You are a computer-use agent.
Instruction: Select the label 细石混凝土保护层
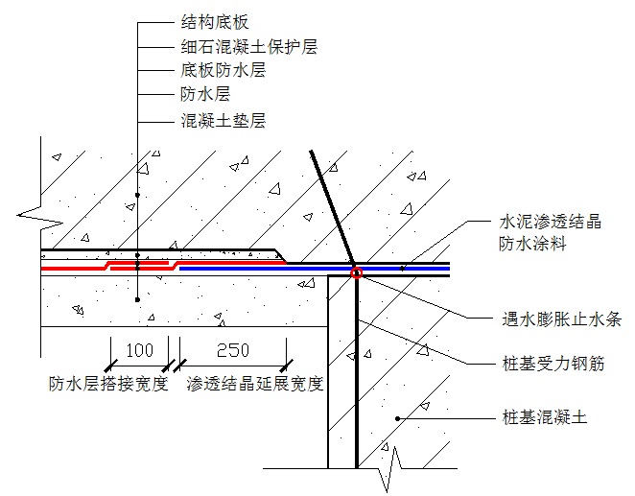(x=248, y=46)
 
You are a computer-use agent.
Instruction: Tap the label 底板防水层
(x=223, y=70)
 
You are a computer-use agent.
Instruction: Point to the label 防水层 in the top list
(x=205, y=94)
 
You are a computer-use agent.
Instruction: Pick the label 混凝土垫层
(x=223, y=121)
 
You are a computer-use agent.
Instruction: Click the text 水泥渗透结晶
(x=551, y=223)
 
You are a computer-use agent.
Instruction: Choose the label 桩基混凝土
(x=544, y=417)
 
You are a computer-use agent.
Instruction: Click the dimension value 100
(x=140, y=349)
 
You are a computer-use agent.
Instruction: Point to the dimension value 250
(x=232, y=349)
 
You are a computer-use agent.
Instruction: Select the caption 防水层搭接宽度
(x=108, y=385)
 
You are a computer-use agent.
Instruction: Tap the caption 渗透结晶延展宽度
(x=255, y=385)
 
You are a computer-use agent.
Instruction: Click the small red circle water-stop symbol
(x=356, y=272)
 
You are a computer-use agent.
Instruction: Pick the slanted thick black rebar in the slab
(x=332, y=207)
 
